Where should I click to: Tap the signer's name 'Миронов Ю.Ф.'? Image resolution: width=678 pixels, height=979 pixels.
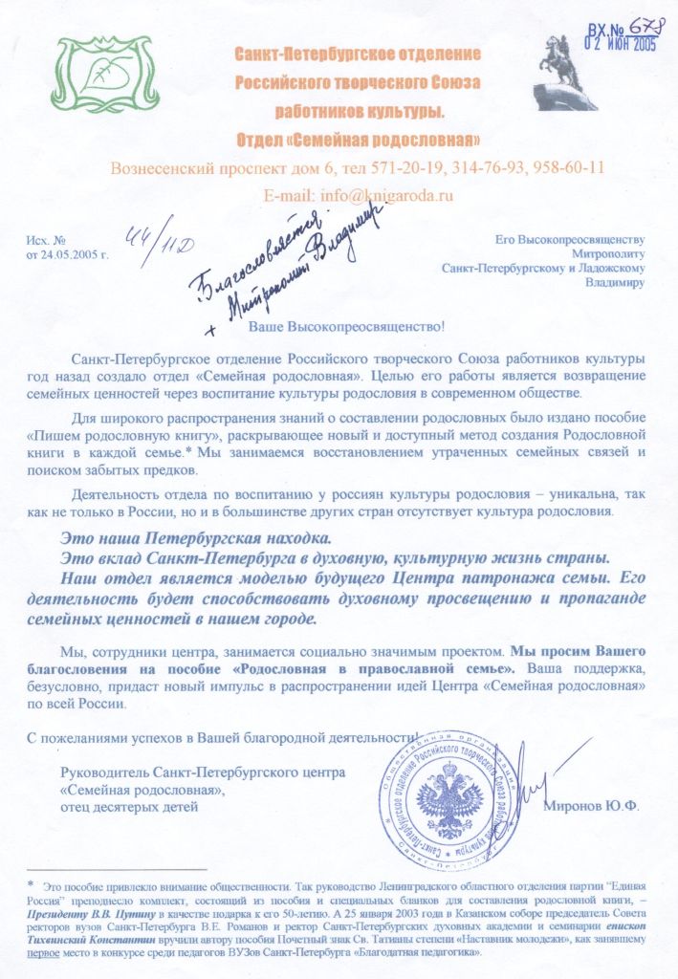coord(591,805)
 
